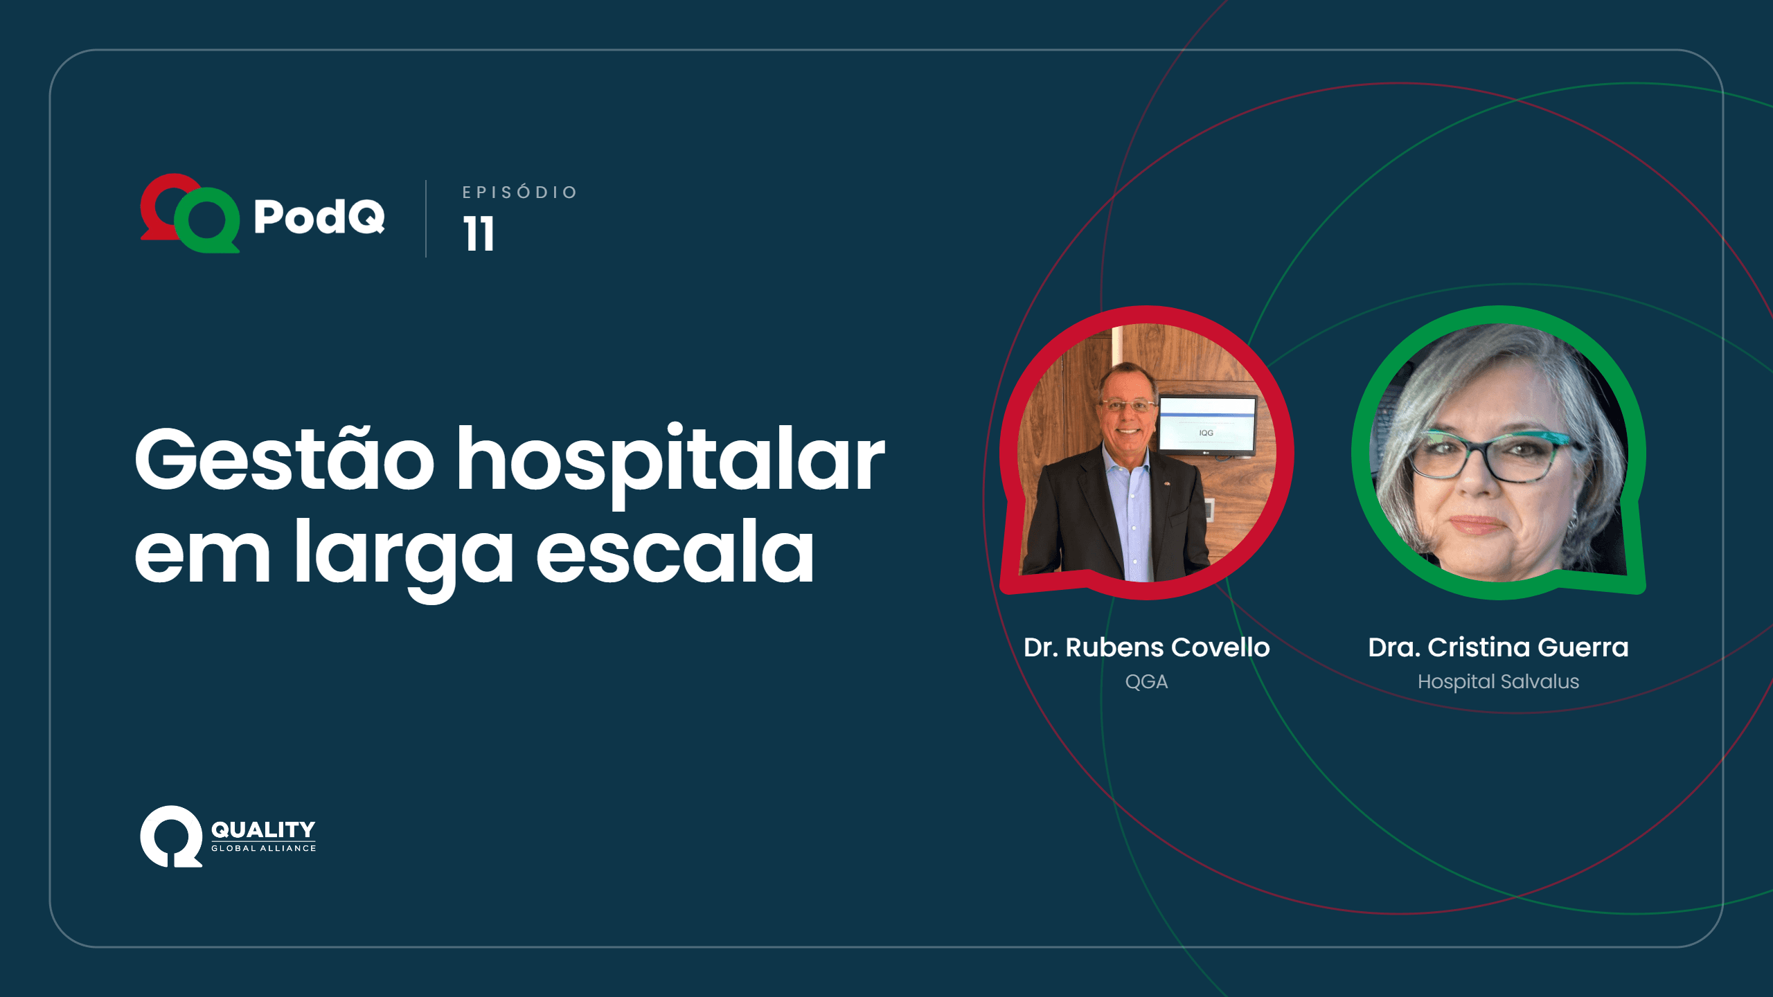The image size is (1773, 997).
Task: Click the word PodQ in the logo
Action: click(319, 216)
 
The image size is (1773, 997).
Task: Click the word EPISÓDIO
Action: click(519, 192)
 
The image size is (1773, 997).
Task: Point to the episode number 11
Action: click(479, 233)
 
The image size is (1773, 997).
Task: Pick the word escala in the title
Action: click(675, 551)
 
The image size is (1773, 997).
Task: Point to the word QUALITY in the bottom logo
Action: click(263, 829)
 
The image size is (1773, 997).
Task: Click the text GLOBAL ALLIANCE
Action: click(263, 848)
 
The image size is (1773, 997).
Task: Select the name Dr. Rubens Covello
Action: click(1147, 647)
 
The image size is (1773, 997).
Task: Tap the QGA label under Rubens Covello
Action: click(1146, 682)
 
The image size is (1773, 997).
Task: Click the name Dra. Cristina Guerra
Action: click(1498, 647)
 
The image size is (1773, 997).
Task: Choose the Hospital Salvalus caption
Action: click(1498, 682)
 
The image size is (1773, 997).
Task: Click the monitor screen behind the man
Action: click(1207, 424)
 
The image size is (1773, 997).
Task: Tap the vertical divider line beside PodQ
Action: click(426, 219)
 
